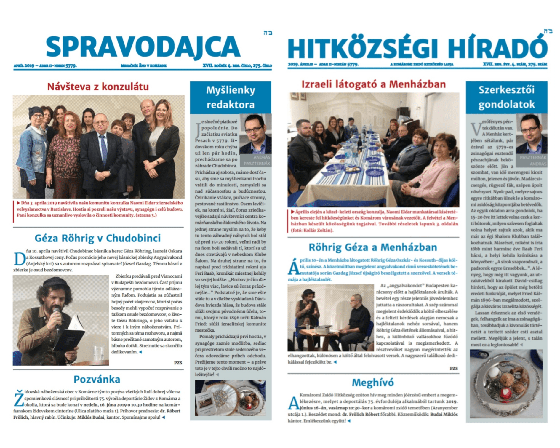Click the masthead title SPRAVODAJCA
pyautogui.click(x=143, y=47)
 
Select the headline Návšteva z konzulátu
pyautogui.click(x=98, y=87)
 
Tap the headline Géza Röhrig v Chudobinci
pyautogui.click(x=98, y=238)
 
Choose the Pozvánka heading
pyautogui.click(x=97, y=379)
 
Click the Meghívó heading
pyautogui.click(x=373, y=383)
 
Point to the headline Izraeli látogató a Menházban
pyautogui.click(x=373, y=84)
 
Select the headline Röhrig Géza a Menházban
pyautogui.click(x=373, y=247)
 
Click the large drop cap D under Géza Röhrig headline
pyautogui.click(x=20, y=259)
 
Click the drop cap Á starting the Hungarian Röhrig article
pyautogui.click(x=293, y=267)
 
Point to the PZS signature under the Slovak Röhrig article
pyautogui.click(x=178, y=363)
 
